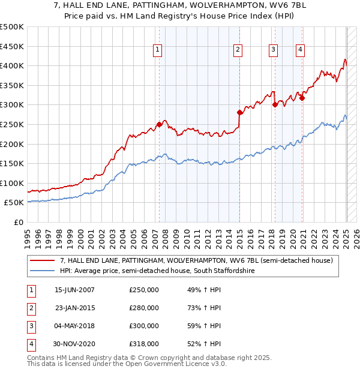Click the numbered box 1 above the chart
tap(157, 50)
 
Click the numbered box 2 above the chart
tap(238, 50)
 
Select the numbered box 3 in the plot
tap(273, 50)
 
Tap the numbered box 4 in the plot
tap(300, 50)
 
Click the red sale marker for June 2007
tap(159, 125)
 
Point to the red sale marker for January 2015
tap(239, 112)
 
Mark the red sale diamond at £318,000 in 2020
tap(302, 98)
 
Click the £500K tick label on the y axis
tap(12, 27)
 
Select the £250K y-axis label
tap(12, 125)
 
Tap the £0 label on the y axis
tap(19, 223)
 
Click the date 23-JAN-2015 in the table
tap(74, 308)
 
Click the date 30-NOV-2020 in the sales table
tap(74, 344)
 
